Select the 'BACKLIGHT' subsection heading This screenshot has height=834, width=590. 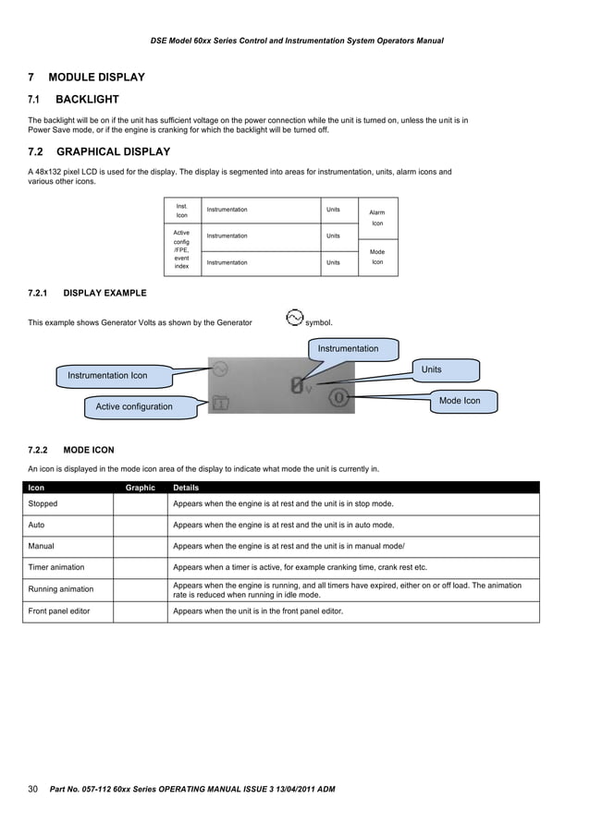click(x=87, y=99)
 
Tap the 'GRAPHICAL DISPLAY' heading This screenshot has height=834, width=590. click(x=113, y=151)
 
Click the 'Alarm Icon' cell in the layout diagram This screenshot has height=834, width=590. click(x=377, y=218)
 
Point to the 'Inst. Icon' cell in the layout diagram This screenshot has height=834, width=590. click(x=181, y=210)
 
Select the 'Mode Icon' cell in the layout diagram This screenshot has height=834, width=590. click(x=377, y=257)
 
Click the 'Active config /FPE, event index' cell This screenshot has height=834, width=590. click(x=181, y=249)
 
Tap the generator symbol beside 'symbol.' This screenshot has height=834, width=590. click(x=293, y=319)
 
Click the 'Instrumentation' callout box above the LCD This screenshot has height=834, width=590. click(x=348, y=349)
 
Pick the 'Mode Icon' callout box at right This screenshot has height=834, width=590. click(x=460, y=401)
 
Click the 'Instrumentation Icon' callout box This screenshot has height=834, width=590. click(x=107, y=376)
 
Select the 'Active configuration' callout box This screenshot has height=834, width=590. click(x=134, y=406)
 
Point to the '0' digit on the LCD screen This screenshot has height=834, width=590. click(x=297, y=386)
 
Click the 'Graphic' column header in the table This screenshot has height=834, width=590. click(x=140, y=488)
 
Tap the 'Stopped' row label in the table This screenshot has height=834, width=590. click(x=43, y=504)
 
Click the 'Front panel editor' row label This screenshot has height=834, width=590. click(x=59, y=611)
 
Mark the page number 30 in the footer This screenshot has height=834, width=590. click(x=33, y=789)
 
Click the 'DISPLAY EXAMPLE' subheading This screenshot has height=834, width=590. click(x=104, y=293)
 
